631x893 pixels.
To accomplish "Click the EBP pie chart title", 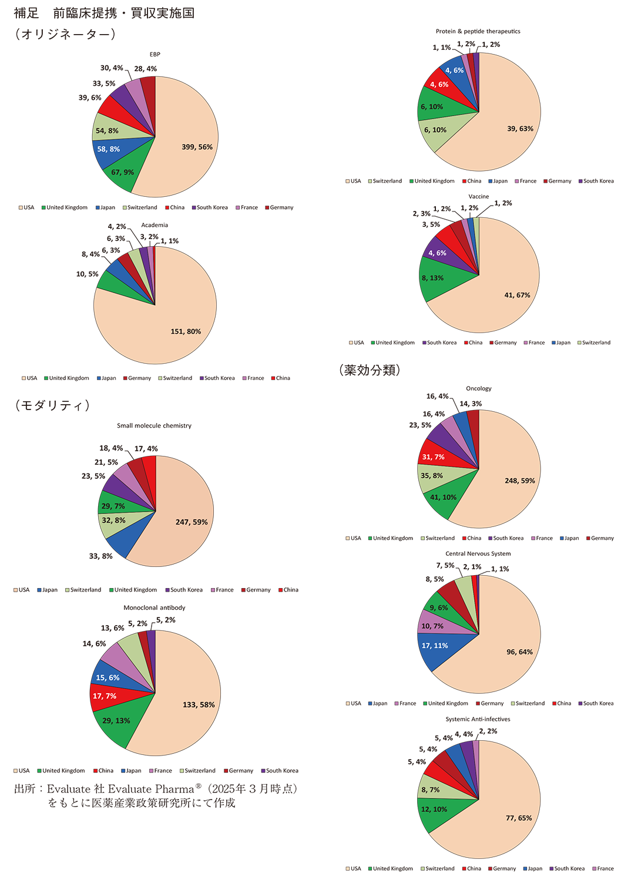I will pyautogui.click(x=155, y=55).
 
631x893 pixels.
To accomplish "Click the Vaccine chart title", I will pyautogui.click(x=478, y=197).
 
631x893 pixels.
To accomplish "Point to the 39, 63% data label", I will pyautogui.click(x=520, y=129).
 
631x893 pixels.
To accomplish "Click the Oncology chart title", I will pyautogui.click(x=478, y=388).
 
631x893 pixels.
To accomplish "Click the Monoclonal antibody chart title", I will pyautogui.click(x=154, y=607).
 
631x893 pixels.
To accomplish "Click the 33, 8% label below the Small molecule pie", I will pyautogui.click(x=100, y=556).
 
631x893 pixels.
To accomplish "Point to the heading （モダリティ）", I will pyautogui.click(x=52, y=405).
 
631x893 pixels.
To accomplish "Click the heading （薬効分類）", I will pyautogui.click(x=370, y=370).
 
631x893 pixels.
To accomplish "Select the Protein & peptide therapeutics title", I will pyautogui.click(x=478, y=31).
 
